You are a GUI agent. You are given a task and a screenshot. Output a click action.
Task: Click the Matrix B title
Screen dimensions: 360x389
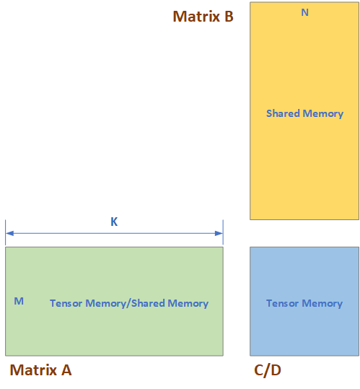pos(203,17)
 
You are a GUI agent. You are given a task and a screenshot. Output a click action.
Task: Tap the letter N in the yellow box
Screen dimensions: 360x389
pos(304,12)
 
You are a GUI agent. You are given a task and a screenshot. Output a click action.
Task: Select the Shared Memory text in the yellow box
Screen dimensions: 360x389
pos(304,113)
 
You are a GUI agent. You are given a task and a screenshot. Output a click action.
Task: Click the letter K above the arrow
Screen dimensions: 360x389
pos(114,222)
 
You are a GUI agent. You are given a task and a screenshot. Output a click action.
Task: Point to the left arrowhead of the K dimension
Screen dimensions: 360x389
pos(9,233)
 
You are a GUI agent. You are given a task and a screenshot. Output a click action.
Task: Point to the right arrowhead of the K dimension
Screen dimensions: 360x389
pos(219,233)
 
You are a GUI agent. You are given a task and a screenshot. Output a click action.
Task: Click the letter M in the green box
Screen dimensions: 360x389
pos(19,301)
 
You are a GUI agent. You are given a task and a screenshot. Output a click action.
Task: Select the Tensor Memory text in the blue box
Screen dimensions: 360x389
pos(304,303)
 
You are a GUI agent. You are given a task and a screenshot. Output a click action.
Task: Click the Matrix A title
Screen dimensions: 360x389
pos(40,370)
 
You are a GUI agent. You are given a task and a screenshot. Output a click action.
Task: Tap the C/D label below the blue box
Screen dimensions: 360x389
pos(268,370)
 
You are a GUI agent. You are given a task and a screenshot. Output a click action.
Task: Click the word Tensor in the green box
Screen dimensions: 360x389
pos(66,303)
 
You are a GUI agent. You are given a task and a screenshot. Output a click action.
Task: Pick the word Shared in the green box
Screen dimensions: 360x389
pos(148,303)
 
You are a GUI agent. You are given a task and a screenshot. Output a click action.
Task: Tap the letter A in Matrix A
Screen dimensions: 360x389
pos(66,370)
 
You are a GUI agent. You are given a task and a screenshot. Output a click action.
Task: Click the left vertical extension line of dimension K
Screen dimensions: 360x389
pos(6,232)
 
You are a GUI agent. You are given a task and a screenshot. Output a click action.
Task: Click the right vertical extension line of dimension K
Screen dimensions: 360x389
pos(223,232)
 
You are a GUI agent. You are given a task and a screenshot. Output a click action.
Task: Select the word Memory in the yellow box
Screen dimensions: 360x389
pos(323,114)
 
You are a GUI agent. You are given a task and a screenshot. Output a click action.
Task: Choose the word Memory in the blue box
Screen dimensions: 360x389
pos(322,303)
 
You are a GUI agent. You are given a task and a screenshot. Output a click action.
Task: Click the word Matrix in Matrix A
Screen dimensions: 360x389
pos(33,370)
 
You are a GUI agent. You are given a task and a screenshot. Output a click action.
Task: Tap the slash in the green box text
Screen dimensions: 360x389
pos(128,304)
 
